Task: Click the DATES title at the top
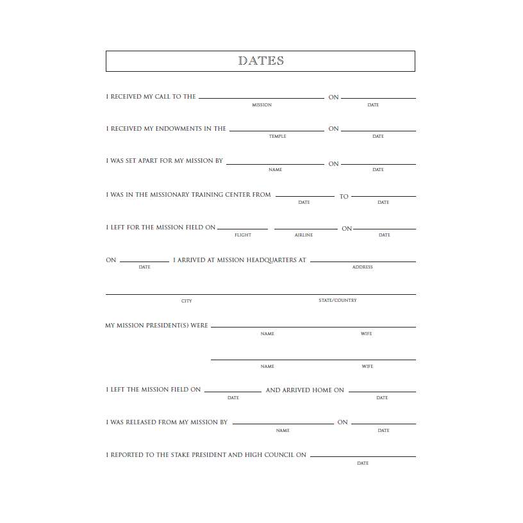[261, 61]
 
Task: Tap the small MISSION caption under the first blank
[261, 105]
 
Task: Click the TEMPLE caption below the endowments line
[278, 137]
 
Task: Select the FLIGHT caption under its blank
[243, 235]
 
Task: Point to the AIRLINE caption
[304, 235]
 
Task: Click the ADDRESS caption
[362, 267]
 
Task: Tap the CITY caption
[187, 301]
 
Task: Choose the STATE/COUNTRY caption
[338, 301]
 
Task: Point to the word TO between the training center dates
[344, 197]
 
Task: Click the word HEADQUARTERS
[269, 260]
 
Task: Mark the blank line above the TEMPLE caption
[277, 131]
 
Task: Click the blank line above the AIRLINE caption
[306, 229]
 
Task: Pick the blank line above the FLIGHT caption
[242, 229]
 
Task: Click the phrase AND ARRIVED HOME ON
[304, 390]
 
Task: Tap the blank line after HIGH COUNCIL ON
[363, 456]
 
